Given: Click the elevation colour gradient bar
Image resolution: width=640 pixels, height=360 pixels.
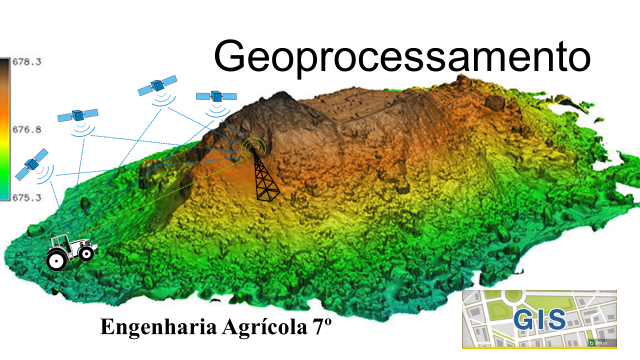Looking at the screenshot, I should tap(4, 129).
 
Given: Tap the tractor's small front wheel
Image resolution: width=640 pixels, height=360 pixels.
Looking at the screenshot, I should tap(86, 253).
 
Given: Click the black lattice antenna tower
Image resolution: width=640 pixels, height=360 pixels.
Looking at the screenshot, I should tap(265, 177).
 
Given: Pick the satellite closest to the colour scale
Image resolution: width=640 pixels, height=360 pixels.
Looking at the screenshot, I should tap(31, 163).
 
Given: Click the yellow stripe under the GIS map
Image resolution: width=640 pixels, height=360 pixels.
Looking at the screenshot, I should tap(539, 347).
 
